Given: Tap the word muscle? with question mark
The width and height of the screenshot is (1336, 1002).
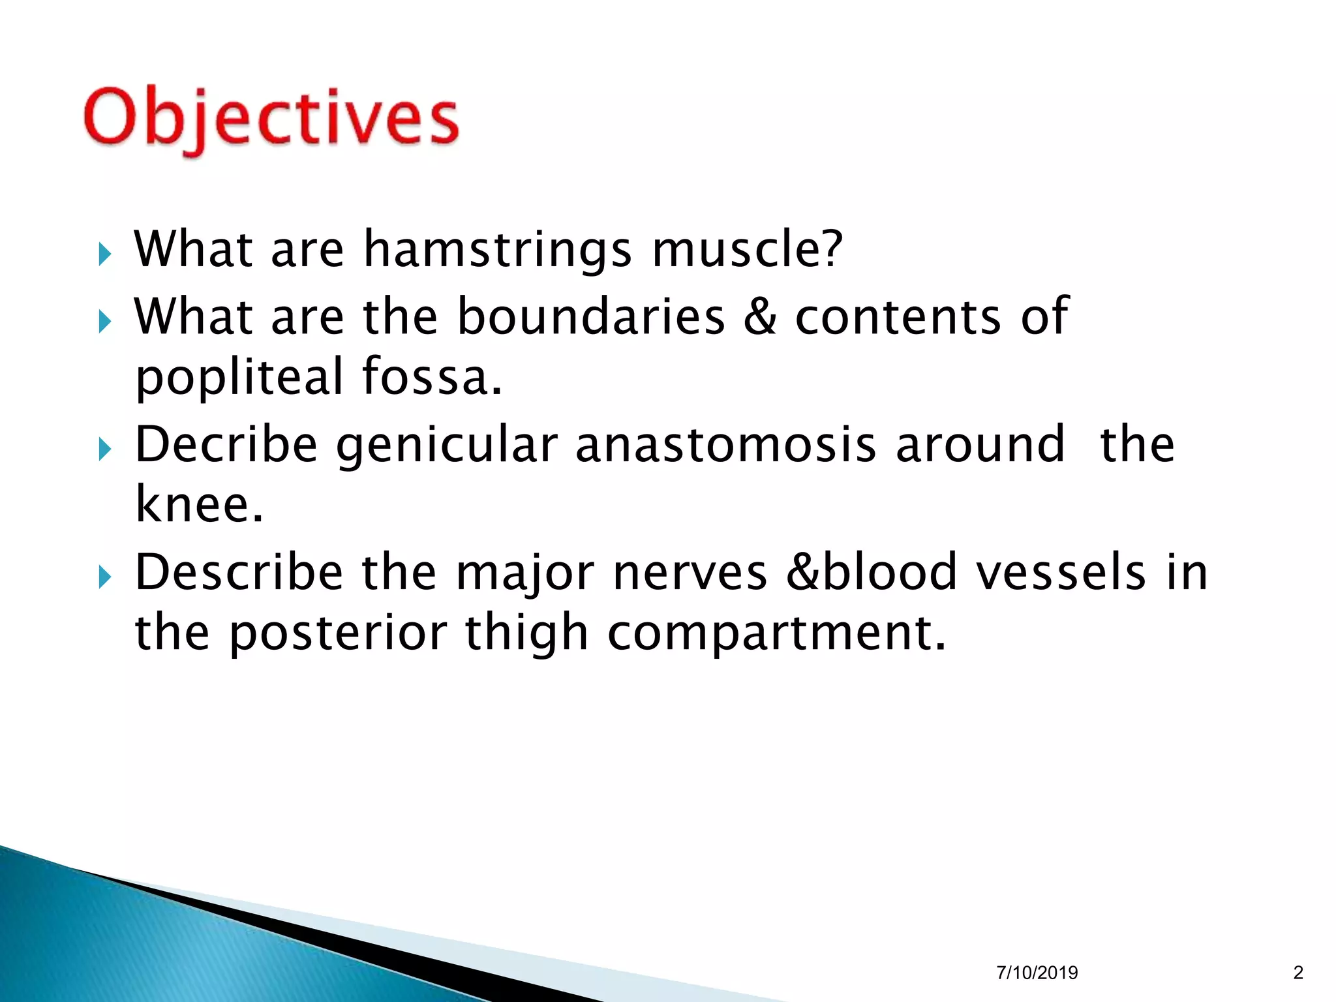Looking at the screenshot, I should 747,249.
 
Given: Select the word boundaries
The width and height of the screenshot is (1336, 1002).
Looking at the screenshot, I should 590,316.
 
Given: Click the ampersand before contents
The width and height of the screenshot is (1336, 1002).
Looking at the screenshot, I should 760,316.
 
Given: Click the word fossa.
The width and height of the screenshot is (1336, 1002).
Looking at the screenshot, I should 432,376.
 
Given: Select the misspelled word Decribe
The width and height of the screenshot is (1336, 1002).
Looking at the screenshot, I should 226,445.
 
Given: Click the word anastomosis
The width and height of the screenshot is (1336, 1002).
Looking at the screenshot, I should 725,445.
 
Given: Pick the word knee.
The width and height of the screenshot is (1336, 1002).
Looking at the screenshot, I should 199,504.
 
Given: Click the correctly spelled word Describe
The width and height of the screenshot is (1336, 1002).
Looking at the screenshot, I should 239,573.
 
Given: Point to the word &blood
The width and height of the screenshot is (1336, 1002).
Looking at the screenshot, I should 872,572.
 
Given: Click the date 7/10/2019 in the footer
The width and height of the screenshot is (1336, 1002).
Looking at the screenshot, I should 1037,973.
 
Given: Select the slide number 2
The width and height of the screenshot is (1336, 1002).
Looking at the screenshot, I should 1298,973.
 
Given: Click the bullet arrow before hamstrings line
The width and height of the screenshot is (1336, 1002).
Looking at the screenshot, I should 105,254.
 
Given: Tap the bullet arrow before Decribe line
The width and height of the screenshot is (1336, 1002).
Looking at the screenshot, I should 105,449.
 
